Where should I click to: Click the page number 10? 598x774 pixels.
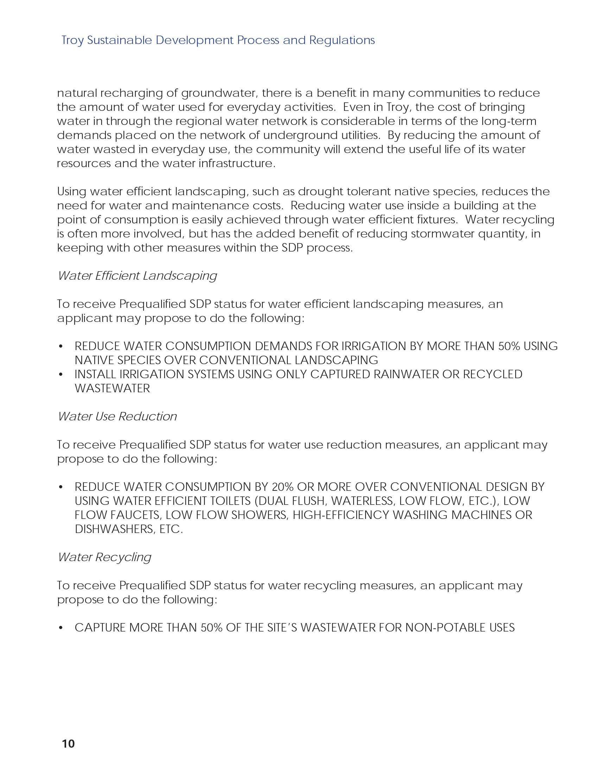[68, 743]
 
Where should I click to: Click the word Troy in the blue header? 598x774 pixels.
[72, 40]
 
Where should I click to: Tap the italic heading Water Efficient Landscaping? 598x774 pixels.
[137, 276]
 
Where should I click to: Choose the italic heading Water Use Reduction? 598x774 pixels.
[117, 417]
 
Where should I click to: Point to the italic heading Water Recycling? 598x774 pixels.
[104, 557]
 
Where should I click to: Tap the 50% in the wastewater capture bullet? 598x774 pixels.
[211, 628]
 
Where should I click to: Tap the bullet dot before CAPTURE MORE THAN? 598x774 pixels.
[61, 628]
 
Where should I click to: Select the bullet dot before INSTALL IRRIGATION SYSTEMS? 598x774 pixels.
[61, 375]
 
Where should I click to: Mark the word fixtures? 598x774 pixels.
[436, 220]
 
